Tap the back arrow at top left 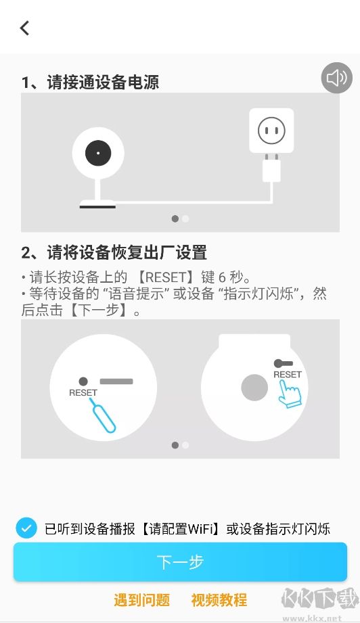click(25, 28)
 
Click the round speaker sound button click(336, 78)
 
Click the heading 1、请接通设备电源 click(91, 83)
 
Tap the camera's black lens click(98, 154)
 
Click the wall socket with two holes click(271, 130)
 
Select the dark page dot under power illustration click(175, 218)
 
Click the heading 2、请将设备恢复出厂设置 click(114, 253)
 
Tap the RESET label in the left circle click(83, 392)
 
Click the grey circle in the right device click(254, 388)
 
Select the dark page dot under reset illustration click(175, 445)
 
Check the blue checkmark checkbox click(26, 528)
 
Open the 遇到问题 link click(141, 600)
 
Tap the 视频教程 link click(219, 600)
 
